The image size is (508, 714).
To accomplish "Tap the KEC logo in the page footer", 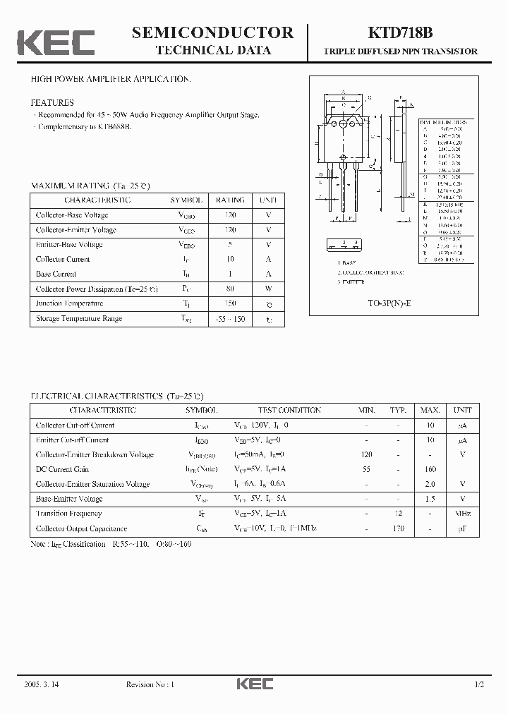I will [254, 684].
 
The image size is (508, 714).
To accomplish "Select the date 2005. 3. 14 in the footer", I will [41, 684].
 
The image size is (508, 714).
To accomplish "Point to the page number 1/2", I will [480, 684].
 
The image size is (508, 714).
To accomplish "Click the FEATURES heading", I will [52, 102].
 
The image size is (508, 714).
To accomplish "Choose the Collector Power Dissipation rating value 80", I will [230, 289].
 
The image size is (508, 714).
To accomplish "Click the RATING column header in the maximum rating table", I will [230, 200].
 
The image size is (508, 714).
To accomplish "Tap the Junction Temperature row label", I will [69, 303].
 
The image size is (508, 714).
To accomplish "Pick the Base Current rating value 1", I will [230, 274].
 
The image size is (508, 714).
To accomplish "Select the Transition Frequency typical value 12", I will [399, 514].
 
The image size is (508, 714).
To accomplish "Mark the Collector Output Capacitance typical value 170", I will [399, 528].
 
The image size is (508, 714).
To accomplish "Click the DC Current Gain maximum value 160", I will [430, 469].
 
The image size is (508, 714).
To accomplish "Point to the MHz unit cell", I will [463, 514].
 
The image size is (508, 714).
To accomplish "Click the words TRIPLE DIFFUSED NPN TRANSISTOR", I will [400, 52].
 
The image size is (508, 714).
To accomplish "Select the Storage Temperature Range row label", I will [79, 318].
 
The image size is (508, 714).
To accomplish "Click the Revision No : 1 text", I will [150, 684].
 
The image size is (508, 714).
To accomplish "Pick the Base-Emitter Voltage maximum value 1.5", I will [430, 499].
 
